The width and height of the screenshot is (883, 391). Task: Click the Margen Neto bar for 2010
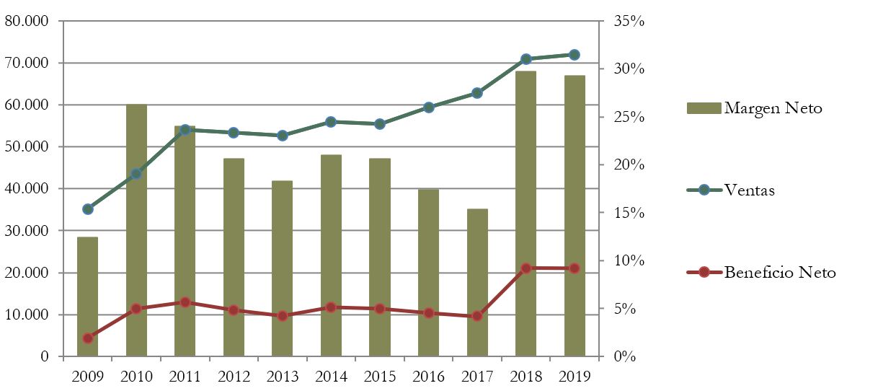click(x=136, y=231)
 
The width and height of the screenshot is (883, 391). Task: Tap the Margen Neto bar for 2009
click(x=88, y=296)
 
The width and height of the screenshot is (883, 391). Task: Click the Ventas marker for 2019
click(x=574, y=55)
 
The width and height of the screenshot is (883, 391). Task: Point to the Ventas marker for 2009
click(x=88, y=209)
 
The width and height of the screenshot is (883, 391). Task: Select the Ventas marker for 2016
click(x=429, y=107)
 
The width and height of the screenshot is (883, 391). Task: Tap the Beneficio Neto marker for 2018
click(x=526, y=268)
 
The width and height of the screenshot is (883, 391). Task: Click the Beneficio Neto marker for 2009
click(x=88, y=338)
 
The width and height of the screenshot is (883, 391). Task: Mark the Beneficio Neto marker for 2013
click(x=283, y=316)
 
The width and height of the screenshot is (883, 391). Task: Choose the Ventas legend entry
click(x=750, y=190)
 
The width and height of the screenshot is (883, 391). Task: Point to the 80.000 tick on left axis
click(x=26, y=21)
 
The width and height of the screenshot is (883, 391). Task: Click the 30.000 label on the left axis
click(x=26, y=231)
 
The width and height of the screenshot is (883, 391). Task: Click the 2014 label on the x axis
click(x=332, y=376)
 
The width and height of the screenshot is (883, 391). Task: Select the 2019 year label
click(x=574, y=376)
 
